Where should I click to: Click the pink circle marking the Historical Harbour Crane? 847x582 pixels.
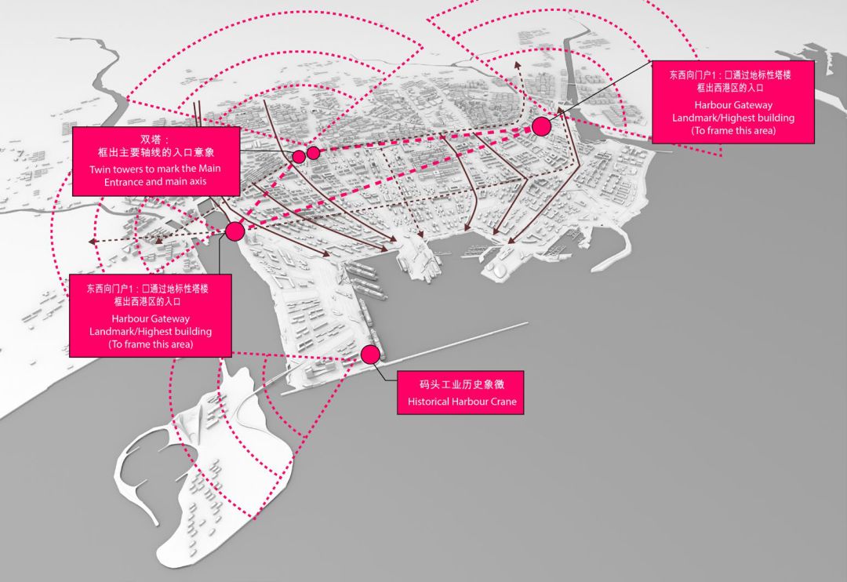(370, 355)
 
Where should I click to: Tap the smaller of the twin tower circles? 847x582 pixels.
(299, 156)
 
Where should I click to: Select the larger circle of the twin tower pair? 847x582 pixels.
(313, 152)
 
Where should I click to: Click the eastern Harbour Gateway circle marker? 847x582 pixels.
(540, 126)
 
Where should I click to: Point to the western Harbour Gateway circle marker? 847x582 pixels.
(234, 231)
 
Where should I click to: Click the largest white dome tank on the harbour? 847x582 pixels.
(496, 270)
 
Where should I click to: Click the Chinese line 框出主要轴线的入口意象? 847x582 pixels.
(145, 153)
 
